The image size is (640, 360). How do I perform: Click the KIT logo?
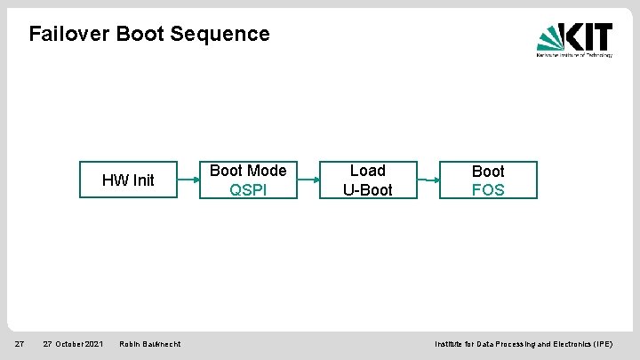(x=574, y=39)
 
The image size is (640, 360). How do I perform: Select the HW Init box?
(x=128, y=180)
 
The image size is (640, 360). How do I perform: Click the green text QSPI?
(x=248, y=189)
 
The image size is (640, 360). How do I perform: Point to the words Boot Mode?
(x=248, y=171)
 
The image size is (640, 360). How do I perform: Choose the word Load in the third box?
(x=367, y=171)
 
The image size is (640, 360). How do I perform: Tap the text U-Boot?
(x=367, y=189)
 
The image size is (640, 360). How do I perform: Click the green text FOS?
(x=488, y=189)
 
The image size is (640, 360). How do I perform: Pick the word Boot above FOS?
(x=488, y=171)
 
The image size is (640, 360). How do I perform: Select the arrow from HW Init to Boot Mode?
(x=188, y=180)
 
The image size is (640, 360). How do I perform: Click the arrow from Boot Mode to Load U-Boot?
(x=308, y=180)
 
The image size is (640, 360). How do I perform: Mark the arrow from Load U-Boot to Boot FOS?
(x=428, y=180)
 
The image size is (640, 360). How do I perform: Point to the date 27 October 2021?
(x=73, y=344)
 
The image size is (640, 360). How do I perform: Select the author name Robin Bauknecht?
(x=150, y=344)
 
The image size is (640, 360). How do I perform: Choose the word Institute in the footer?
(x=451, y=344)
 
